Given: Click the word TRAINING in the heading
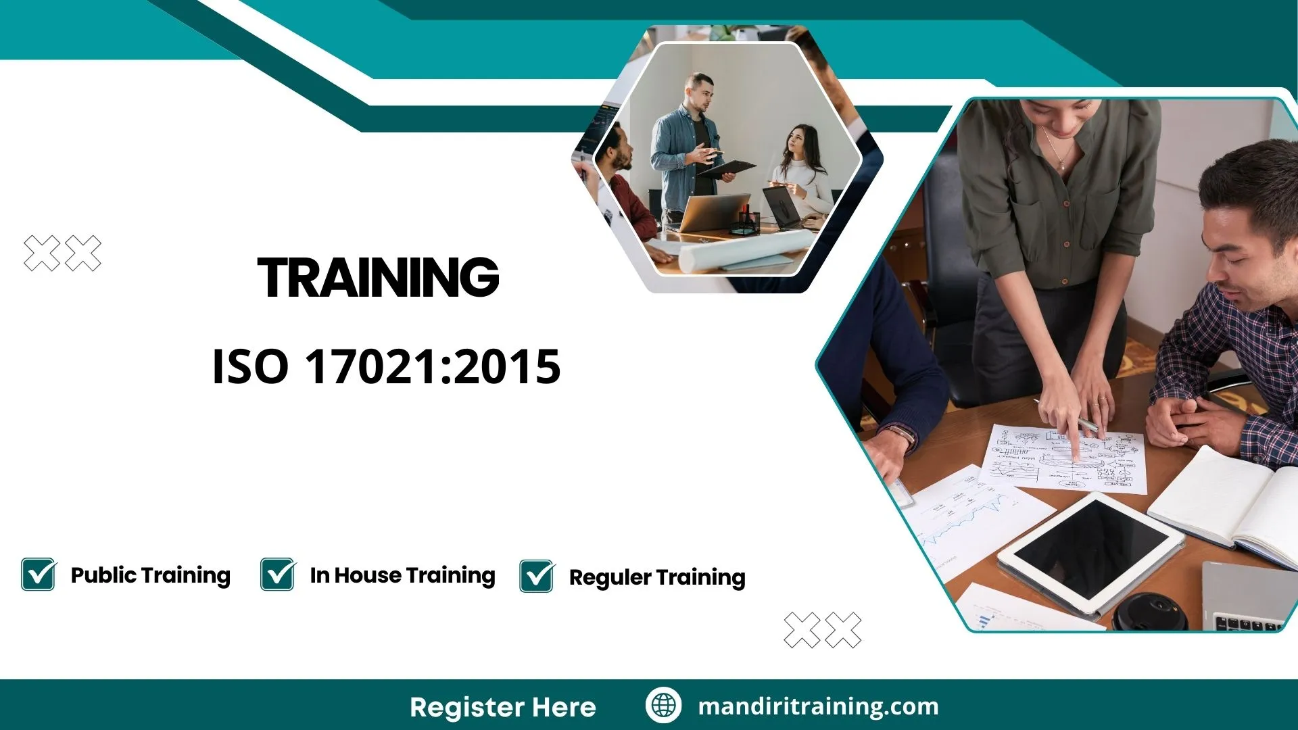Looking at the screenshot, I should coord(378,278).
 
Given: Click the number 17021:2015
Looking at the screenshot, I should coord(433,367).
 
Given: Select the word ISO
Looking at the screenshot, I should coord(250,367).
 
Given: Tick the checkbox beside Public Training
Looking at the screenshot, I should coord(39,575).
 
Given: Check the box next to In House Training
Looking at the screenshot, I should coord(278,575).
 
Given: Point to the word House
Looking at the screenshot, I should coord(368,575).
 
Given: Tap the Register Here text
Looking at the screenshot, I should coord(503,707).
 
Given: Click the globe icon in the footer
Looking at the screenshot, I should coord(663,706).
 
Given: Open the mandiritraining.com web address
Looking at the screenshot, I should coord(818,706).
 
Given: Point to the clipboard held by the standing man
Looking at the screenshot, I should coord(727,168).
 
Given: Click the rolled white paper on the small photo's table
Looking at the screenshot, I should coord(744,250).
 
